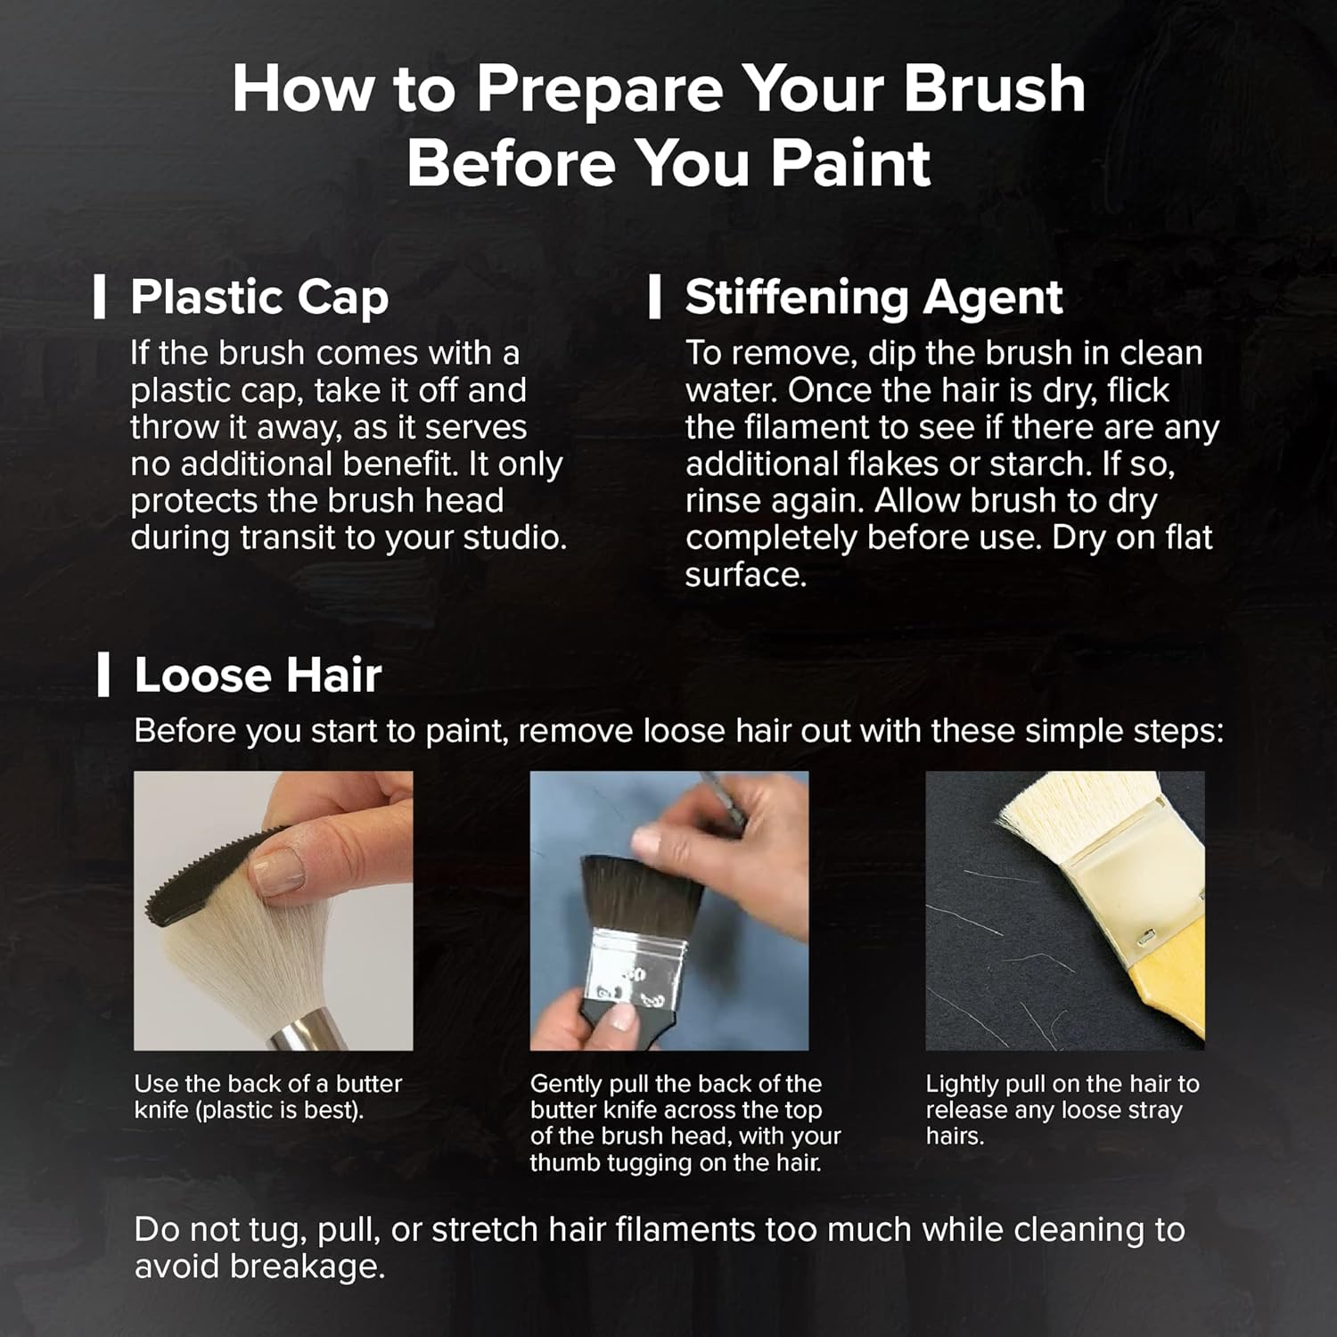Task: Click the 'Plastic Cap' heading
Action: coord(259,298)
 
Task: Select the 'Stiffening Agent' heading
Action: coord(874,298)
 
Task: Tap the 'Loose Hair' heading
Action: coord(258,675)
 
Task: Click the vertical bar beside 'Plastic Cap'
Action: coord(100,297)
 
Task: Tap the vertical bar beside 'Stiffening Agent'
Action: coord(655,297)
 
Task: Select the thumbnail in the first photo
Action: coord(277,870)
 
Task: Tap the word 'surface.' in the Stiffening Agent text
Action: coord(745,576)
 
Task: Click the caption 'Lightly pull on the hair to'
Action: coord(1062,1085)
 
